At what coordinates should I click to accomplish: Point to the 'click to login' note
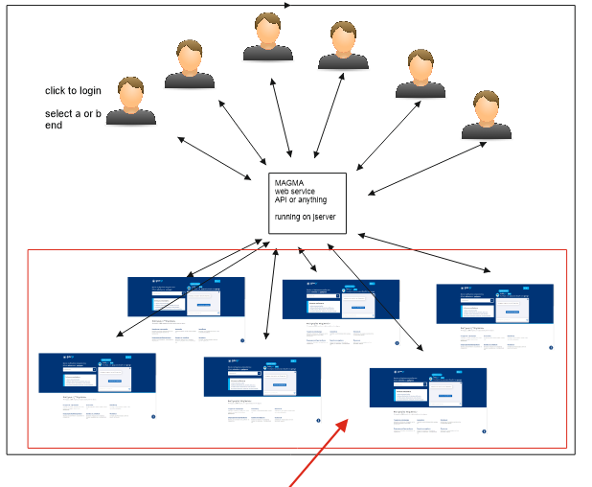tap(73, 91)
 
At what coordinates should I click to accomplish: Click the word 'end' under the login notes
tap(54, 125)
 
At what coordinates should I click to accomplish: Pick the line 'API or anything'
tap(301, 200)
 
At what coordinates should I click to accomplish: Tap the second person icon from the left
tap(190, 64)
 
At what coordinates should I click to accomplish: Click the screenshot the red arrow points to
tap(427, 402)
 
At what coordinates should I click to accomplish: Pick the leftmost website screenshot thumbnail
tap(97, 386)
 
